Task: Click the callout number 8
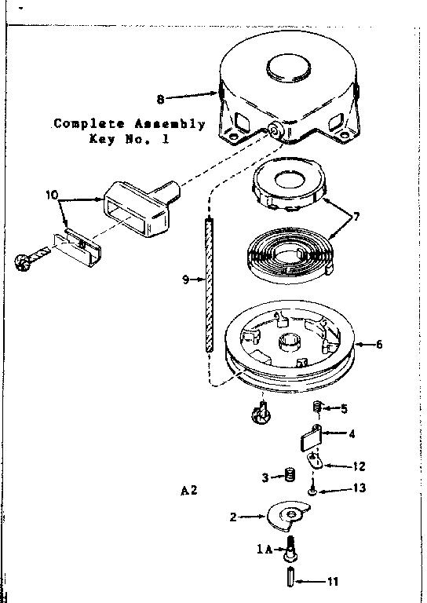pyautogui.click(x=160, y=99)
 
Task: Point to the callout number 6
pyautogui.click(x=379, y=344)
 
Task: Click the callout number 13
pyautogui.click(x=359, y=488)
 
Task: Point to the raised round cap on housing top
pyautogui.click(x=288, y=68)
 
